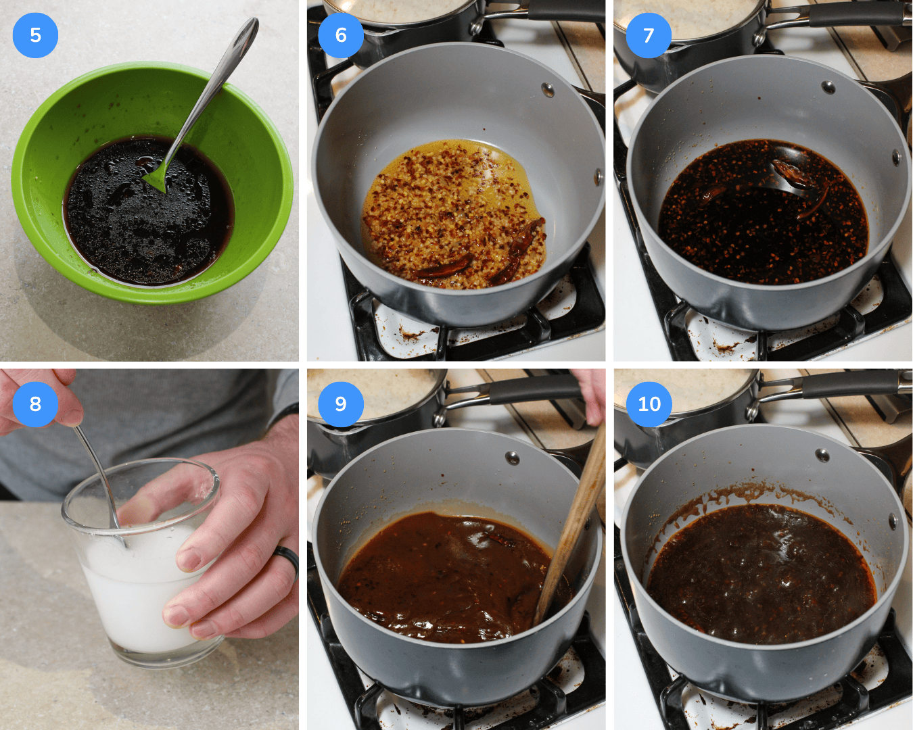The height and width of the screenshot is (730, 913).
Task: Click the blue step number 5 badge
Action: tap(35, 35)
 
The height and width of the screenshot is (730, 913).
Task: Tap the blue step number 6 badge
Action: tap(341, 35)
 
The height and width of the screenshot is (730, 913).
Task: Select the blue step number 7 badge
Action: tap(649, 35)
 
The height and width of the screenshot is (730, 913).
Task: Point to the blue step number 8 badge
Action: tap(35, 404)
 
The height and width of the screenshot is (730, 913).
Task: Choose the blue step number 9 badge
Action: tap(341, 404)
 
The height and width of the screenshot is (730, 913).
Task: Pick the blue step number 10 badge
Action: tap(649, 404)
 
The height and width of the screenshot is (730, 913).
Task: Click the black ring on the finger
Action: tap(287, 560)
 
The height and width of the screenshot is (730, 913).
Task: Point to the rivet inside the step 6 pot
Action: tap(547, 89)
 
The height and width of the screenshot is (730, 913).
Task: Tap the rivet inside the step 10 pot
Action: tap(822, 455)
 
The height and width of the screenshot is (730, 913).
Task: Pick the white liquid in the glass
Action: tap(135, 595)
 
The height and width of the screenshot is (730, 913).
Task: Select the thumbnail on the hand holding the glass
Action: tap(189, 559)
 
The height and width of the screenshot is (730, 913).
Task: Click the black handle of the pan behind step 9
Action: tap(534, 389)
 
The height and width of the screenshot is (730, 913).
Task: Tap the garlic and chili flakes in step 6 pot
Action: tap(446, 210)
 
